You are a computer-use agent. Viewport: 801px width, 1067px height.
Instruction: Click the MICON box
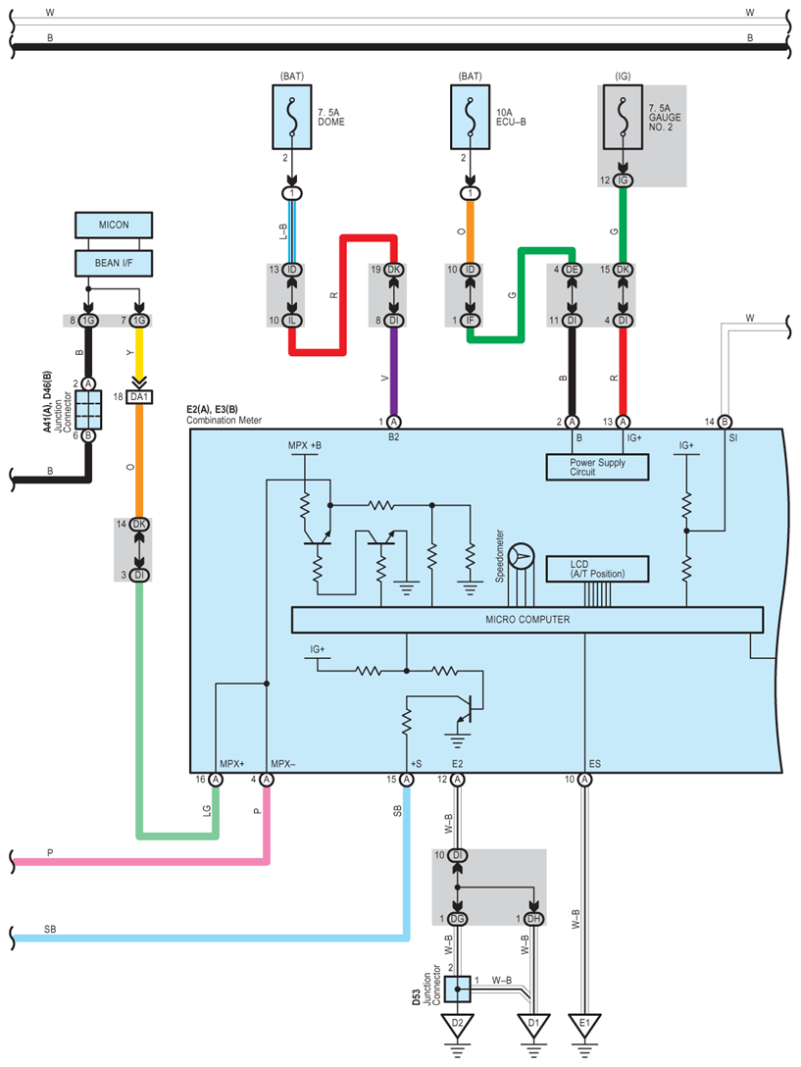tap(114, 225)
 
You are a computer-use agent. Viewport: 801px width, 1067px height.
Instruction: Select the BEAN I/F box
tap(114, 263)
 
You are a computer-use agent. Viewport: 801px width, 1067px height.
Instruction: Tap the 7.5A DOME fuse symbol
tap(292, 117)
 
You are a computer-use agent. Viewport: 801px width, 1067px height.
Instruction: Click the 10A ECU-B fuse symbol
tap(470, 117)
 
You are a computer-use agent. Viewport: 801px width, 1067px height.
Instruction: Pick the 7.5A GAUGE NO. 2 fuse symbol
tap(622, 117)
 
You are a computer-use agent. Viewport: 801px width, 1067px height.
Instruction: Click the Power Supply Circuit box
tap(597, 467)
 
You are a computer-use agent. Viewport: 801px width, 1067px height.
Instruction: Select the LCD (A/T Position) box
tap(597, 569)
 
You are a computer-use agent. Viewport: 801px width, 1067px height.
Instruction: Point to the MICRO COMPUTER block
tap(527, 619)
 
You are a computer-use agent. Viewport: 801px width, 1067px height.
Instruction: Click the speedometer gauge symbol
tap(522, 557)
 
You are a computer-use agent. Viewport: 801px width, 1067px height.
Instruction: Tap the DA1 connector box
tap(139, 397)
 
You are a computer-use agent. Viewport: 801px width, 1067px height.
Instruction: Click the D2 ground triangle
tap(457, 1024)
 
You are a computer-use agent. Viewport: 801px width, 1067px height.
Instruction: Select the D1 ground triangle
tap(533, 1024)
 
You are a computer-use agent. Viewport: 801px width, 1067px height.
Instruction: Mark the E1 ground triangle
tap(584, 1024)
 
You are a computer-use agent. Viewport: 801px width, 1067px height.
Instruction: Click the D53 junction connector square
tap(457, 990)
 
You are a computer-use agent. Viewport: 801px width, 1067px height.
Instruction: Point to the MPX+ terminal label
tap(232, 764)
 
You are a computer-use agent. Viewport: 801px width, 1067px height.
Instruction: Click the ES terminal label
tap(595, 764)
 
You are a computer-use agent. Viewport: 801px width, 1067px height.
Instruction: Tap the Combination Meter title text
tap(224, 420)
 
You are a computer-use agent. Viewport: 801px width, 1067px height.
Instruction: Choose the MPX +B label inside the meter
tap(304, 445)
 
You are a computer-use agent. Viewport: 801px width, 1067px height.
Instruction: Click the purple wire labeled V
tap(393, 372)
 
